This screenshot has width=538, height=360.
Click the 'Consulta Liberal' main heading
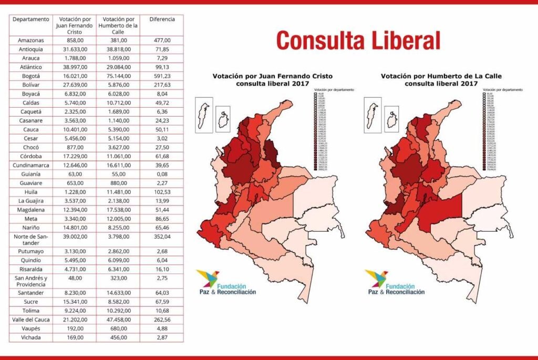point(358,40)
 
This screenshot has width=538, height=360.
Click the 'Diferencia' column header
point(162,19)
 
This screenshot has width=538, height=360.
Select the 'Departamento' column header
point(31,19)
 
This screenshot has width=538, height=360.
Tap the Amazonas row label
point(31,40)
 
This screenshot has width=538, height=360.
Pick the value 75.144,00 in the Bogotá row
point(118,76)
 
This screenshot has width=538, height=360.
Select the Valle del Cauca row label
point(31,319)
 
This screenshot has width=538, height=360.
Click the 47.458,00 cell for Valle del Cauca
point(118,319)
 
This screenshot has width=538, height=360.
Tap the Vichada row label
point(31,337)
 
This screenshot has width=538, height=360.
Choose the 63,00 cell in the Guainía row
point(74,174)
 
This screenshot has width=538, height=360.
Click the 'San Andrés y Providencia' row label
point(31,281)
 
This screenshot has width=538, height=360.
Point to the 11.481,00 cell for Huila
point(118,192)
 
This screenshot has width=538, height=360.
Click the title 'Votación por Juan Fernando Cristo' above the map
point(272,76)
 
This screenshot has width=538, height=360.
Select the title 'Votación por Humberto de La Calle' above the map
point(441,76)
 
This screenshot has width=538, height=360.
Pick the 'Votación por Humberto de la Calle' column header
point(118,25)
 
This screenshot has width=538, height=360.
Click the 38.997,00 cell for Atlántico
point(74,67)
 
